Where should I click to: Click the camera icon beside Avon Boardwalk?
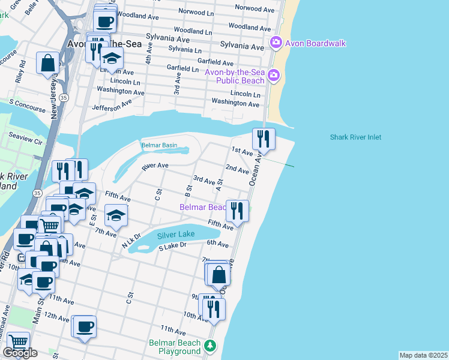(x=276, y=43)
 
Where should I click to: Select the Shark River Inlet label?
(x=355, y=137)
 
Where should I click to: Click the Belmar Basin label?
(x=159, y=145)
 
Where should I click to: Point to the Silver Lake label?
(x=176, y=235)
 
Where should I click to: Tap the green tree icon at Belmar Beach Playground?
(x=209, y=346)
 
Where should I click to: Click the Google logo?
(x=20, y=353)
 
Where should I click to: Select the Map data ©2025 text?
(x=423, y=355)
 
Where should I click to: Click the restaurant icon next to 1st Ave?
(x=264, y=139)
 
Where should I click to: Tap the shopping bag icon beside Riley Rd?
(x=47, y=63)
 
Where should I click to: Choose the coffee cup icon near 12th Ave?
(x=85, y=326)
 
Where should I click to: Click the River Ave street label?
(x=155, y=166)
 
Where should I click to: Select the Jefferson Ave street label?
(x=111, y=106)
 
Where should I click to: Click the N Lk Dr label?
(x=130, y=241)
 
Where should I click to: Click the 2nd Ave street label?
(x=237, y=169)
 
